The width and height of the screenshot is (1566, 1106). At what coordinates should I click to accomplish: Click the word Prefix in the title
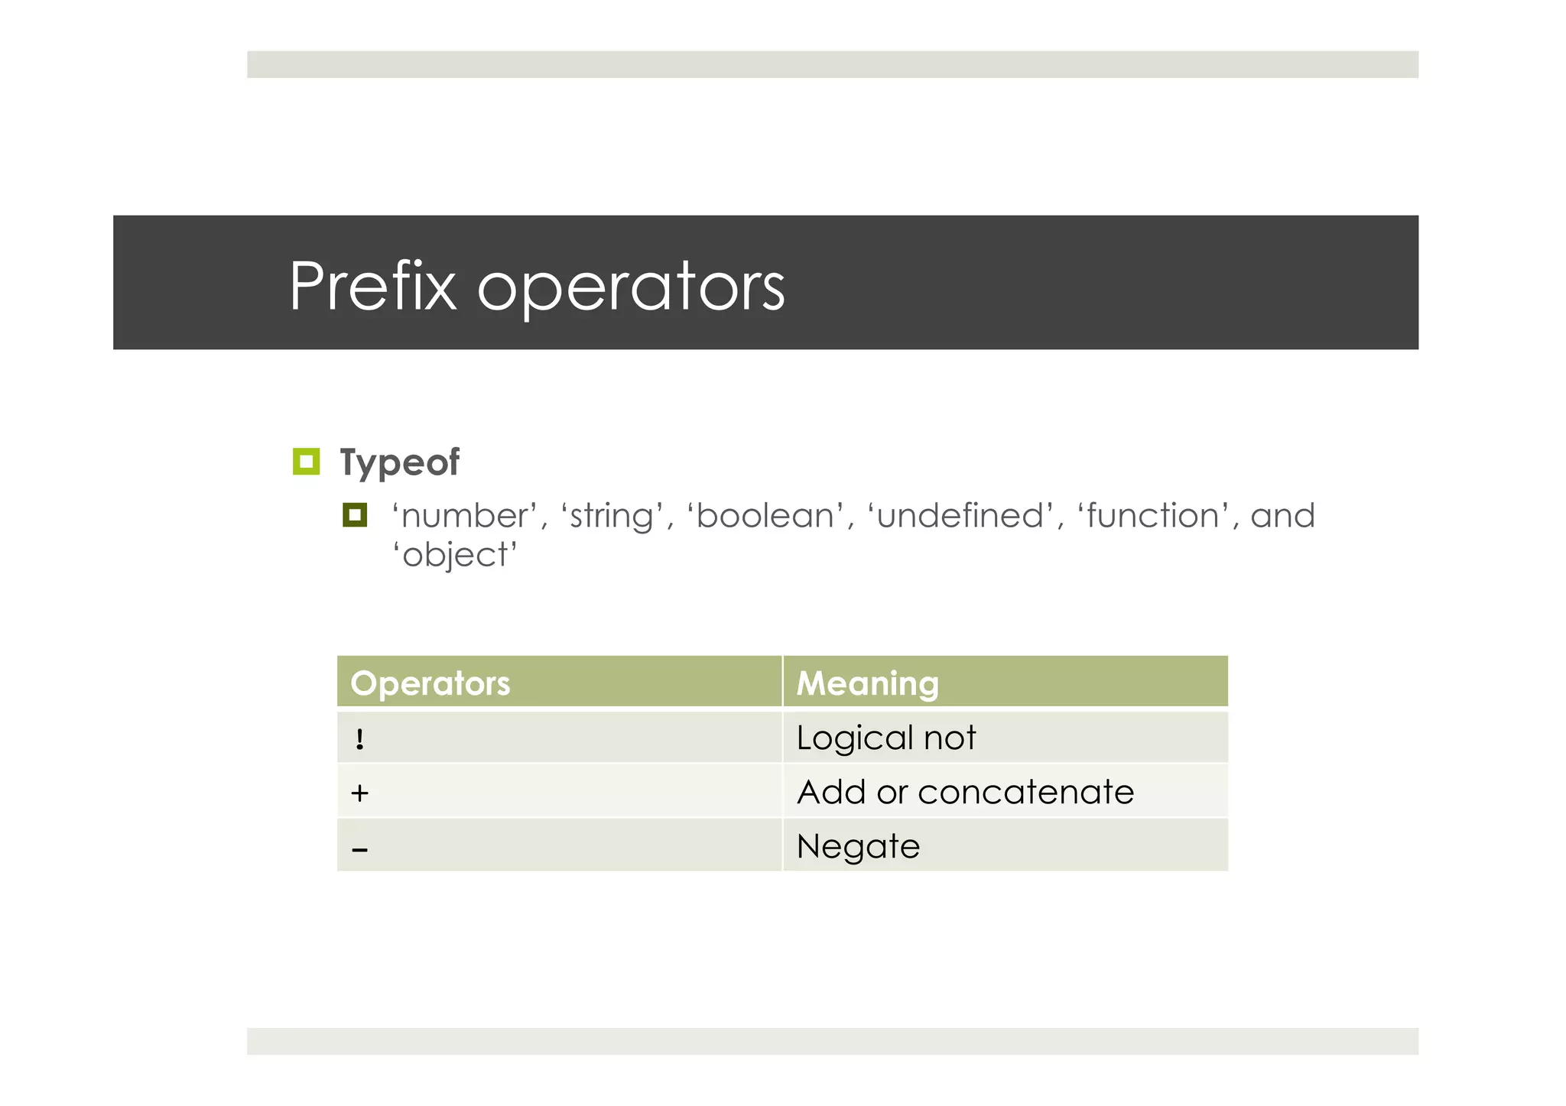coord(372,286)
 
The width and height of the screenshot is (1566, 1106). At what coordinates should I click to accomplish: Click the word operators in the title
coord(631,289)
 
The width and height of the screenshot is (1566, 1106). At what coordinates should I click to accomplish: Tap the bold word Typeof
coord(399,463)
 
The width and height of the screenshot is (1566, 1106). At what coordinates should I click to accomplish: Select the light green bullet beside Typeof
coord(306,462)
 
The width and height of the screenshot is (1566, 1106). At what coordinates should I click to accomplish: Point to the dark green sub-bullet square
coord(355,515)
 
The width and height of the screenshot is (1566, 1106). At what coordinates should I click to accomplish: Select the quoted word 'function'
coord(1153,516)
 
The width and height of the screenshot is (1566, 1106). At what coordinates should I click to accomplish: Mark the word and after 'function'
coord(1282,516)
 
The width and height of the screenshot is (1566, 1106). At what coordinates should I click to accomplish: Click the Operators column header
coord(430,683)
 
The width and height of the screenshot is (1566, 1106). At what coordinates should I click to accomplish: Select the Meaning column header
coord(867,683)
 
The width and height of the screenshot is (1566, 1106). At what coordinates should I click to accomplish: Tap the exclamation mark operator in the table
coord(360,739)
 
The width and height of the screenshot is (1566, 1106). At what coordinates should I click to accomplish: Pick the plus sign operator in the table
coord(359,793)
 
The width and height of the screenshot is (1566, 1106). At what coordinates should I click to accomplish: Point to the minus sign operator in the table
coord(360,849)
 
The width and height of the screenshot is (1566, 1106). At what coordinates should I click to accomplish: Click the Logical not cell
coord(885,738)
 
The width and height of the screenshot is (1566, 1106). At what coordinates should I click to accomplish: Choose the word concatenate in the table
coord(1025,793)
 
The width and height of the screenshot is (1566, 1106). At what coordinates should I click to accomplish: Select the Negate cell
coord(858,847)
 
